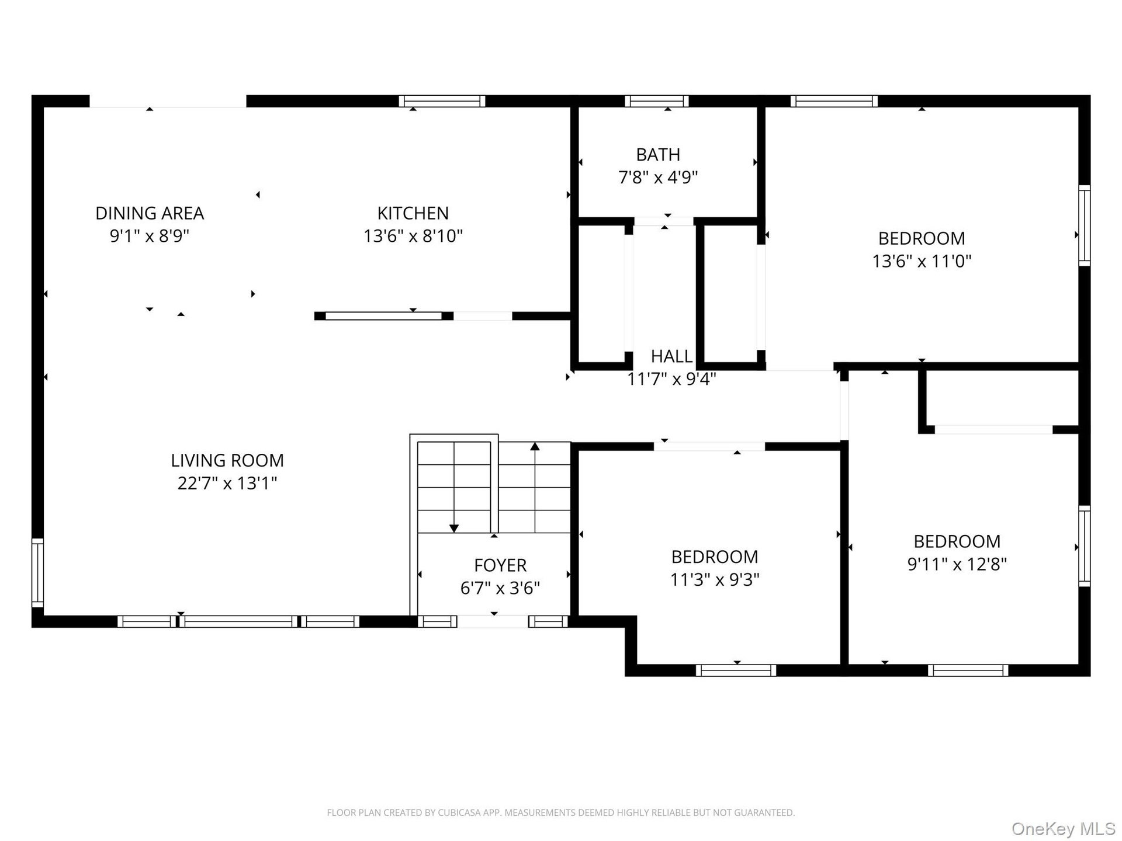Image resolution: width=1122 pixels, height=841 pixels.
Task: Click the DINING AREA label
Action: pyautogui.click(x=150, y=213)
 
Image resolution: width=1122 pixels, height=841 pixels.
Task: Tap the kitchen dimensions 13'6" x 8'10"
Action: pyautogui.click(x=413, y=236)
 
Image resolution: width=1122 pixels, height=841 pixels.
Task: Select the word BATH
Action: pyautogui.click(x=658, y=155)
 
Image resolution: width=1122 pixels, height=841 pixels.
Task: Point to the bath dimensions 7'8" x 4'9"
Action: pyautogui.click(x=658, y=177)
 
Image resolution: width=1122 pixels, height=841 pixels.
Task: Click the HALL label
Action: pyautogui.click(x=671, y=356)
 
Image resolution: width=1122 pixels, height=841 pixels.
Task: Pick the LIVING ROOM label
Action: pyautogui.click(x=227, y=461)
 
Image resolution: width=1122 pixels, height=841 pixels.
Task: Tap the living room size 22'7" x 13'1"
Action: pyautogui.click(x=227, y=484)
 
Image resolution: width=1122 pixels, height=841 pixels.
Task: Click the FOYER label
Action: pyautogui.click(x=500, y=565)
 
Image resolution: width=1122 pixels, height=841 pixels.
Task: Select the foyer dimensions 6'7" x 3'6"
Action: pyautogui.click(x=500, y=588)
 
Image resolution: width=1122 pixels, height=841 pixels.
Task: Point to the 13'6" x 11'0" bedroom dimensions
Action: pyautogui.click(x=922, y=261)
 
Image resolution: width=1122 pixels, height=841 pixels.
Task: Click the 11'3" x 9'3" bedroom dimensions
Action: pyautogui.click(x=715, y=579)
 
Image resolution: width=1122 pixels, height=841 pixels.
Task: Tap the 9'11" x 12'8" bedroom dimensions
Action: pyautogui.click(x=957, y=564)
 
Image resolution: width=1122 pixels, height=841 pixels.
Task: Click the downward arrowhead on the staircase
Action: pyautogui.click(x=454, y=529)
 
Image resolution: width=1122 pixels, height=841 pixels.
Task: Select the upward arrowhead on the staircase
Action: pyautogui.click(x=535, y=446)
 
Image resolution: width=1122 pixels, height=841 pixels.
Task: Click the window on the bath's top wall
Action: pyautogui.click(x=657, y=101)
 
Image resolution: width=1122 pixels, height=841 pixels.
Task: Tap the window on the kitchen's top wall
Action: pyautogui.click(x=442, y=101)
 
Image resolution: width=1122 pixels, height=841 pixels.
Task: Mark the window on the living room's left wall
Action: pyautogui.click(x=37, y=573)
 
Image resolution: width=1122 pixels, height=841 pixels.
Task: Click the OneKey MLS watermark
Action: pyautogui.click(x=1064, y=828)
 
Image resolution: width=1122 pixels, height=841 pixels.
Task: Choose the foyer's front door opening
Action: pyautogui.click(x=493, y=621)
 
